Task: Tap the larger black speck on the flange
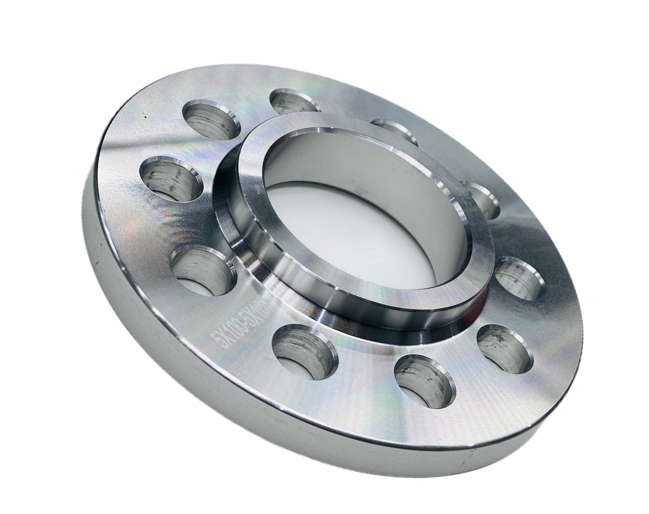(x=145, y=117)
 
